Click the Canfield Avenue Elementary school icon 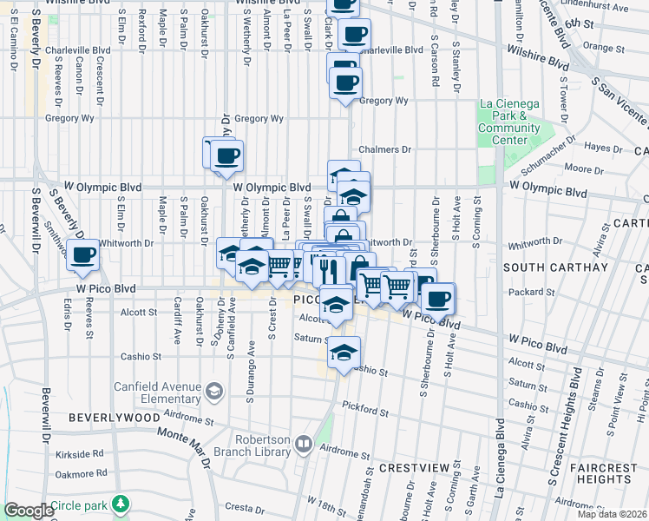click(x=213, y=392)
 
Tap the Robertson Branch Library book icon click(x=303, y=445)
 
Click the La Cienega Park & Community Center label click(x=508, y=122)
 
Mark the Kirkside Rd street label click(x=79, y=454)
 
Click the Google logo click(x=28, y=511)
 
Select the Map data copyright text click(x=612, y=514)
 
